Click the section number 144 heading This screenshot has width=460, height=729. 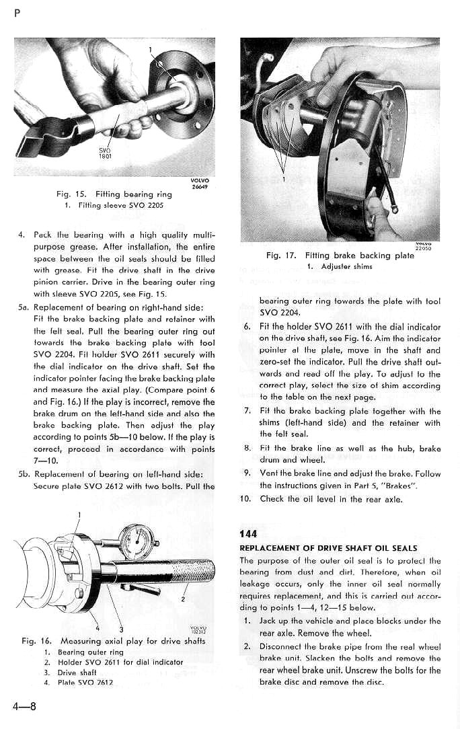[248, 534]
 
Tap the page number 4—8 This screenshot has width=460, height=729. [24, 705]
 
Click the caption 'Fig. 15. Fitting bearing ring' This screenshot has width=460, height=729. [114, 194]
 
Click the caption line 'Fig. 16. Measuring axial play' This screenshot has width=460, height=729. [114, 641]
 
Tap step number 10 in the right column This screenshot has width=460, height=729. [245, 498]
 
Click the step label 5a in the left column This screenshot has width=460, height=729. [22, 307]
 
